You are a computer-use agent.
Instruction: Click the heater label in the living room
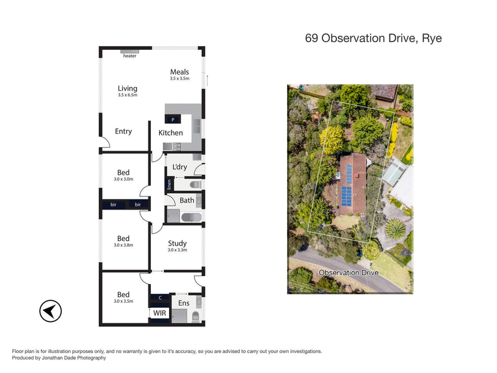tap(129, 56)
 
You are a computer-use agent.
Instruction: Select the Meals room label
tap(180, 72)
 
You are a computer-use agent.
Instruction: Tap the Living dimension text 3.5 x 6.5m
tap(127, 95)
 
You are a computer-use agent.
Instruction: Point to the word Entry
tap(124, 131)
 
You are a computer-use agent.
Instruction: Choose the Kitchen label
tap(171, 133)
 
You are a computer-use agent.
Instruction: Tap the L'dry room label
tap(180, 167)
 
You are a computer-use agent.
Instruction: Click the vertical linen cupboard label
tap(168, 185)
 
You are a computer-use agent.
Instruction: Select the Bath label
tap(186, 200)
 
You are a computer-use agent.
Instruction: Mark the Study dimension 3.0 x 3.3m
tap(177, 250)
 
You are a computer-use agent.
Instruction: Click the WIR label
tap(159, 314)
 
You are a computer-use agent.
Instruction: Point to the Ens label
tap(184, 303)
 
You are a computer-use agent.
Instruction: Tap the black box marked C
tap(159, 298)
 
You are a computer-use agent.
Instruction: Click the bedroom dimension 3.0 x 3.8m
tap(124, 245)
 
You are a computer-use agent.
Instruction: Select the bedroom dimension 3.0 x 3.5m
tap(124, 301)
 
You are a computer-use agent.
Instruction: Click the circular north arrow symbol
tap(50, 311)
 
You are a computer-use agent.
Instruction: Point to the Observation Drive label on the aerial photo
tap(348, 273)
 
